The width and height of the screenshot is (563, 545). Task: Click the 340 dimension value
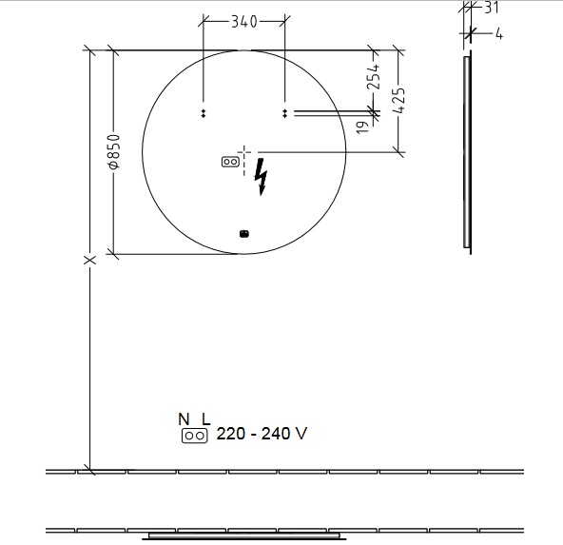[244, 22]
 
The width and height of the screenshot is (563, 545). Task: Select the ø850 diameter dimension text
[114, 151]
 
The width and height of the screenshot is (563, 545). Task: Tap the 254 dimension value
[373, 76]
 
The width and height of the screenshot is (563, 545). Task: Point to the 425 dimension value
[398, 101]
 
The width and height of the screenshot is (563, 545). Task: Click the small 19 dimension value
[362, 127]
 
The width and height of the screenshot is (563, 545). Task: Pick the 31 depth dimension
[491, 8]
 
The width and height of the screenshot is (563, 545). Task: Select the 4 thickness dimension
[499, 34]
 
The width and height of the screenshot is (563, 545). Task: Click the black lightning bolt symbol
[261, 177]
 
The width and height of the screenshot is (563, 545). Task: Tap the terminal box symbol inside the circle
[230, 162]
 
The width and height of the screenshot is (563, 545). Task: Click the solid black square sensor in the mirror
[244, 234]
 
